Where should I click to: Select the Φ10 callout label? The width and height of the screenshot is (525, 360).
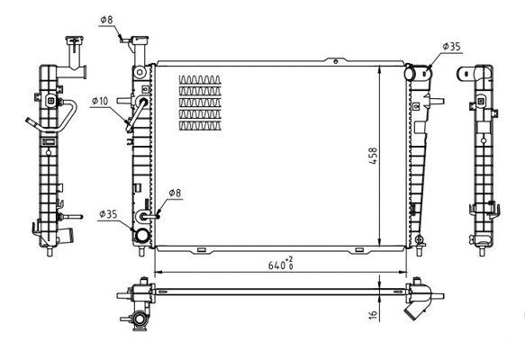100,101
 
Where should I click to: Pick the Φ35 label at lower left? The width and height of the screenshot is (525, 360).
108,214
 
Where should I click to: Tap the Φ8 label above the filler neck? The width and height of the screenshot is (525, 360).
105,19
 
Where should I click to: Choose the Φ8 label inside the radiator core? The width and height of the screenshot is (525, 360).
175,193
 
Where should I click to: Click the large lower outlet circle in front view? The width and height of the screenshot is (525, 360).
141,236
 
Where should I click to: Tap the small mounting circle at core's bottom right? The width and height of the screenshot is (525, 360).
419,238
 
